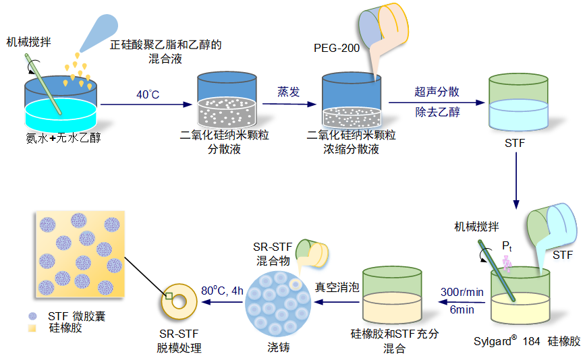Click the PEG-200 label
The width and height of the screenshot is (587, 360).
tap(337, 48)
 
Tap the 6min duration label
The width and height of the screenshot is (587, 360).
tap(462, 310)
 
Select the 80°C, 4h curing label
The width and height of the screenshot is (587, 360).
tap(223, 291)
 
